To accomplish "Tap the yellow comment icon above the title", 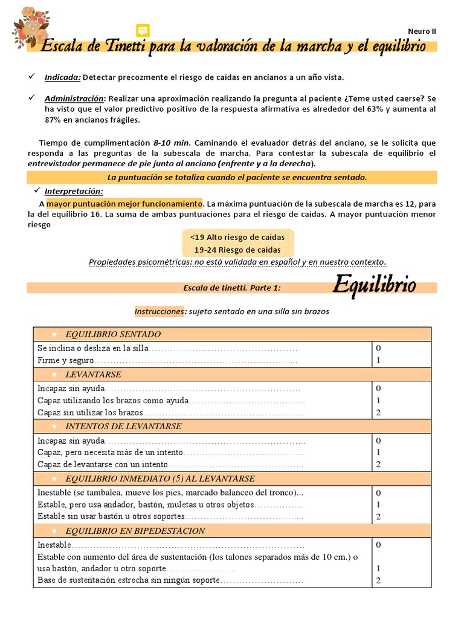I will [143, 31].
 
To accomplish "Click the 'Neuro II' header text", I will [422, 31].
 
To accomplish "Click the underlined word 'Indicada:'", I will [62, 77].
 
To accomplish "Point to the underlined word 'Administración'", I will [74, 98].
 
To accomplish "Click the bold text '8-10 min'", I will [172, 143].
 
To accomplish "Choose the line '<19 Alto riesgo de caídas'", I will [237, 238].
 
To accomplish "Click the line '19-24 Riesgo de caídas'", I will [237, 250].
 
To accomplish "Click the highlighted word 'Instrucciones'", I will [159, 311].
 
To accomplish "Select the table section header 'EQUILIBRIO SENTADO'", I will [113, 334].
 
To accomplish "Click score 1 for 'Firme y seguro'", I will [378, 360].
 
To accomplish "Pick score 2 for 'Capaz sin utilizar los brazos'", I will [378, 413].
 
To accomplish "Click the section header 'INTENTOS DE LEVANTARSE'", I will [123, 426].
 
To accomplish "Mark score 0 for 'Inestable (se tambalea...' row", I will [378, 493].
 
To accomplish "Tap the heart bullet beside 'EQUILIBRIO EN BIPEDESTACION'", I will [54, 531].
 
